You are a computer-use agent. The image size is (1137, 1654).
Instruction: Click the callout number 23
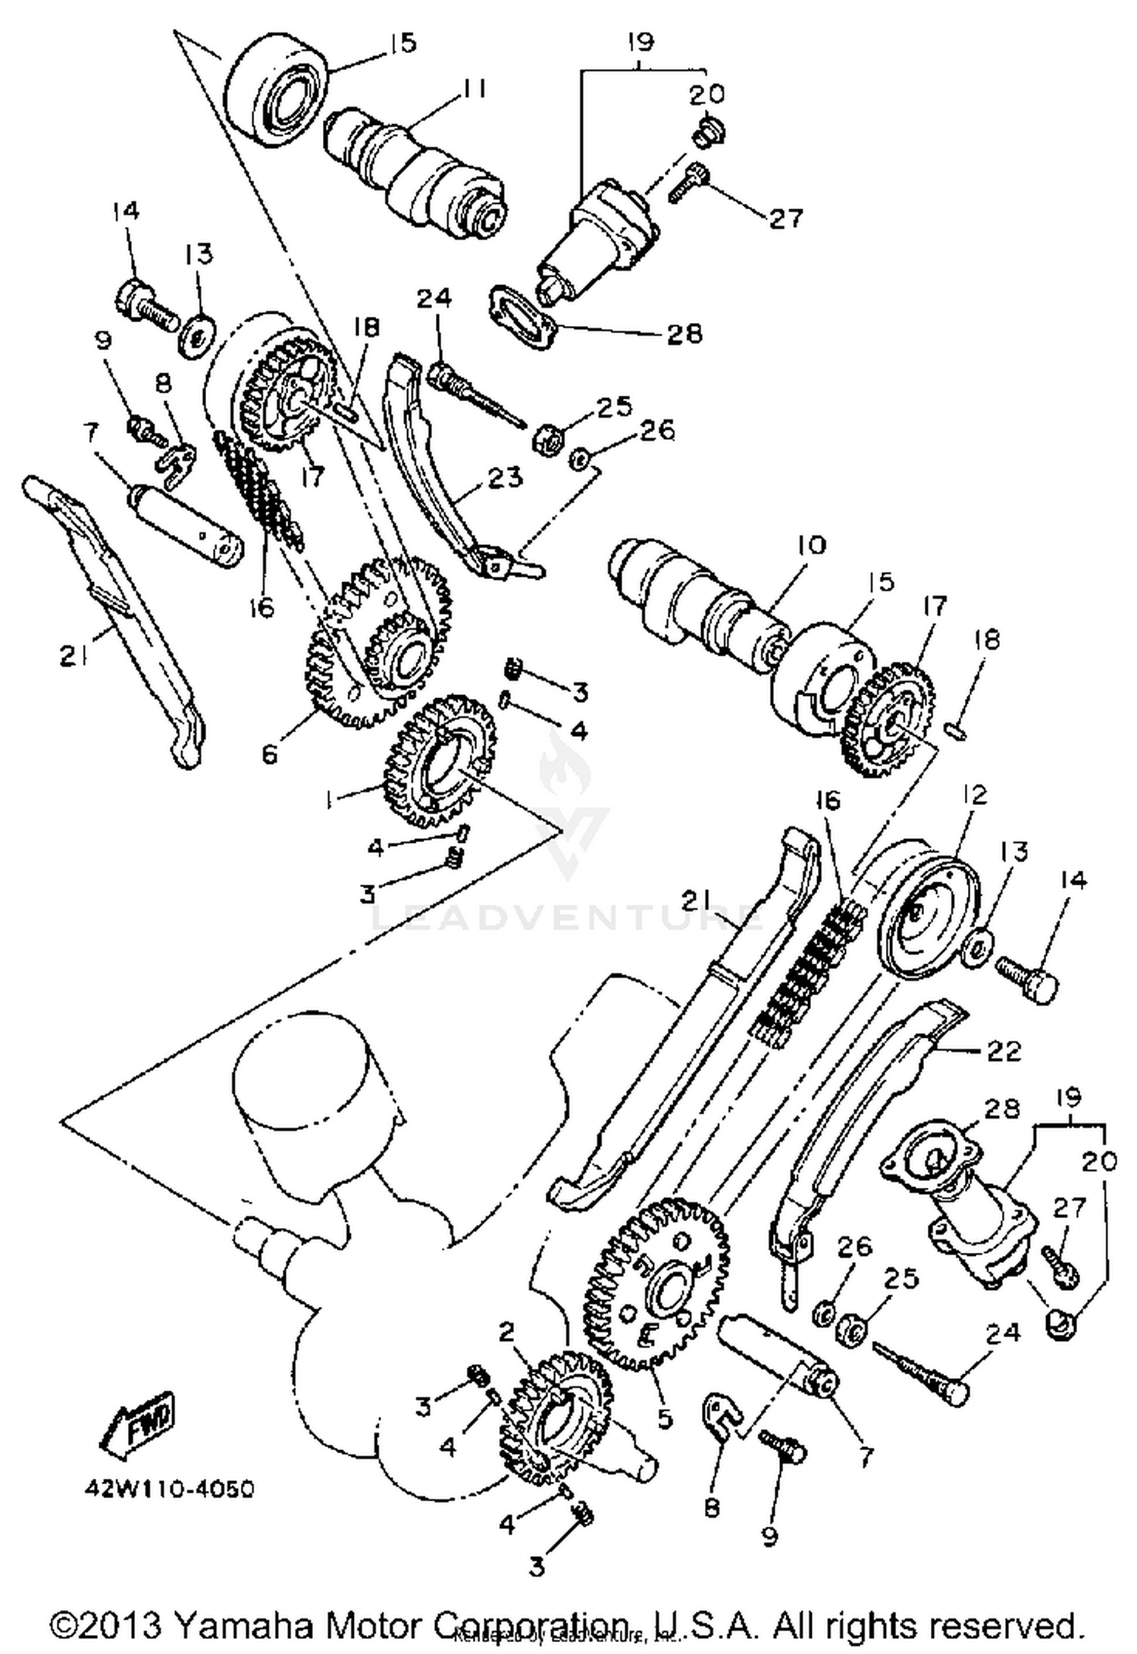tap(505, 477)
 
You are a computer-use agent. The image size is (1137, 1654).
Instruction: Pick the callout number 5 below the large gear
tap(665, 1417)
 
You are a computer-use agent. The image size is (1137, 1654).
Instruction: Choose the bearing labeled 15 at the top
tap(280, 95)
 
